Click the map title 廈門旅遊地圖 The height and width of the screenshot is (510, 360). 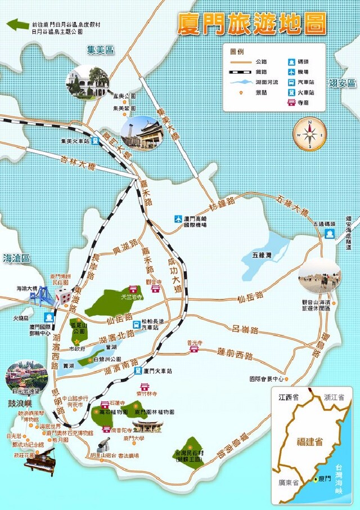(251, 24)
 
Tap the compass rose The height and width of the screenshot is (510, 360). (310, 134)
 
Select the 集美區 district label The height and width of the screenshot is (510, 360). (100, 51)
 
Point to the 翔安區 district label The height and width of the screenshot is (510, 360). (343, 83)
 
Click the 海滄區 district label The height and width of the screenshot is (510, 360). (16, 258)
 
